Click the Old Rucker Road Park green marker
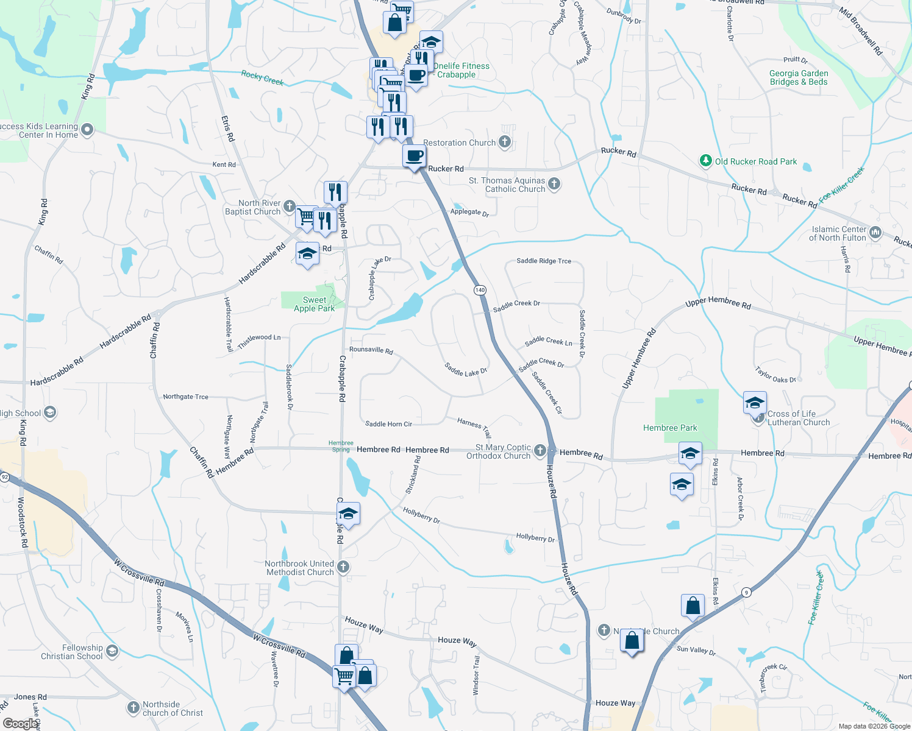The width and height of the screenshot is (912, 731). point(705,161)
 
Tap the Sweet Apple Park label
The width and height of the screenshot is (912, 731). point(314,304)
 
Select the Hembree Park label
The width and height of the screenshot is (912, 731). point(670,428)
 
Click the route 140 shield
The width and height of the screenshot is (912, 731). point(480,290)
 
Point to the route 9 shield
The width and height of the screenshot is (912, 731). point(746,592)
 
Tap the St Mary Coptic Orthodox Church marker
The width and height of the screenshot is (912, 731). point(540,451)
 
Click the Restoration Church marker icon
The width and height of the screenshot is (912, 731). point(504,143)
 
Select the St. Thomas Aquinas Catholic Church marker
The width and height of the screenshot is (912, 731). point(554,183)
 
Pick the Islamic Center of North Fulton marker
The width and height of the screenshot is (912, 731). point(875,232)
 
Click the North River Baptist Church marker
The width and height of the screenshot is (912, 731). point(290,207)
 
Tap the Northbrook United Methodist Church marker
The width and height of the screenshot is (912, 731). point(343,567)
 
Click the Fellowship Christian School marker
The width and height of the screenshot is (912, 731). point(112,651)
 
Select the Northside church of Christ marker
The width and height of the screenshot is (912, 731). point(134,707)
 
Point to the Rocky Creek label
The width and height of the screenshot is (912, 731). point(262,77)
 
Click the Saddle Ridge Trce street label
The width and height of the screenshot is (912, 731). point(544,261)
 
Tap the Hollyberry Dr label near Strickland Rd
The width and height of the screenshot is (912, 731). point(421,515)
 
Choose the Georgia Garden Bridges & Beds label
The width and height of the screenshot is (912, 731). point(798,77)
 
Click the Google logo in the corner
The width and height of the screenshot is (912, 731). point(20,723)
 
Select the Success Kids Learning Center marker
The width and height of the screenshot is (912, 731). point(87,129)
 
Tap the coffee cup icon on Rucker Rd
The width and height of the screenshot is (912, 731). point(414,157)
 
